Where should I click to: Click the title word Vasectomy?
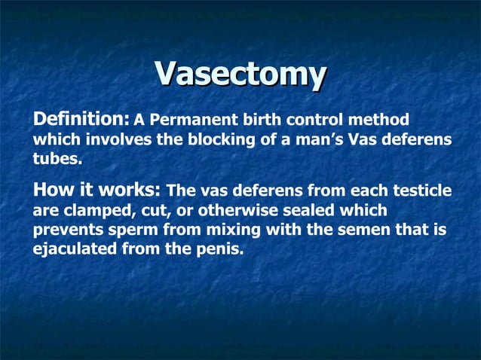pos(240,75)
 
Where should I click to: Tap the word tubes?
pos(55,160)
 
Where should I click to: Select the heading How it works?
pos(97,190)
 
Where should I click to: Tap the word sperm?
pos(130,230)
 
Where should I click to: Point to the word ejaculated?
pos(72,250)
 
